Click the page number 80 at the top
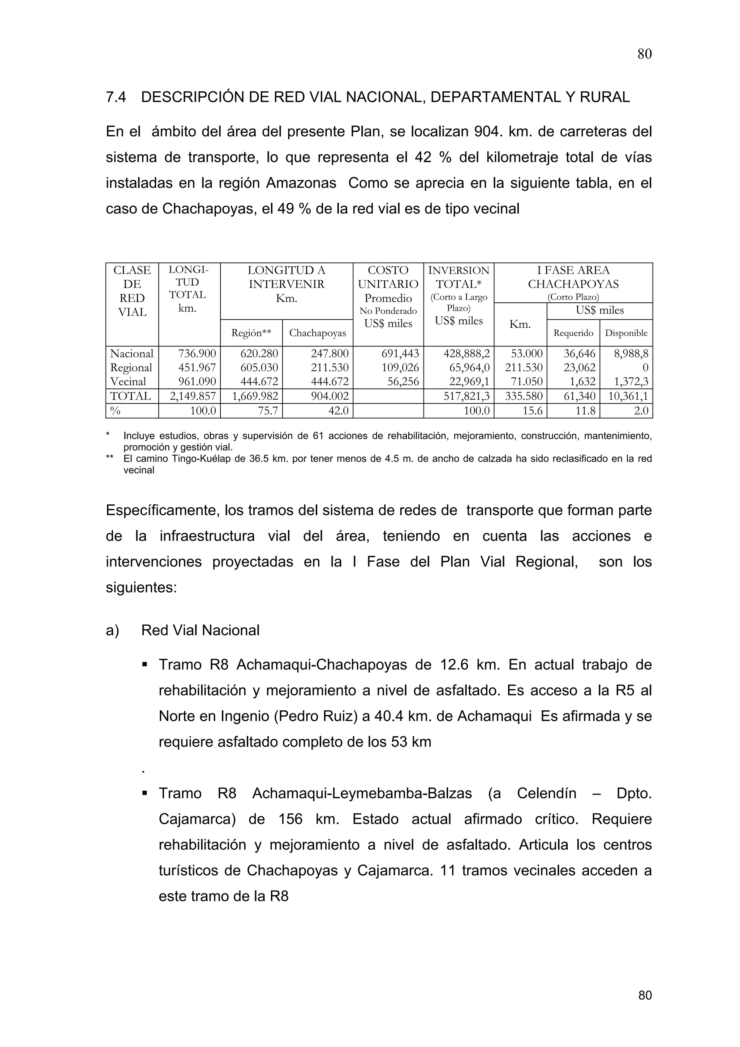pos(644,54)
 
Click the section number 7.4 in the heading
pos(116,97)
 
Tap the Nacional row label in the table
pos(132,353)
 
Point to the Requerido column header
pos(573,333)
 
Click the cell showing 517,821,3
pos(466,396)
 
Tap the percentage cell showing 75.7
pos(268,410)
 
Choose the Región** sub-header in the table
pos(251,333)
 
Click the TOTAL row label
pos(131,396)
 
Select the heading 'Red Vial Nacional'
pos(200,630)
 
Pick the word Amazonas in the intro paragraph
pos(301,183)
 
